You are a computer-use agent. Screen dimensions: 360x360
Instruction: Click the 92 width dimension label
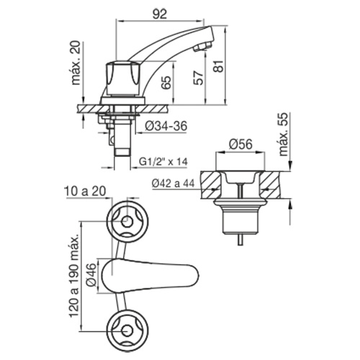pyautogui.click(x=160, y=14)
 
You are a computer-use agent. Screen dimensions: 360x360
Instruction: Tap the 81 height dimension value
pyautogui.click(x=219, y=66)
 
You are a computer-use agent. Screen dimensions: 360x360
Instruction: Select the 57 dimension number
pyautogui.click(x=199, y=78)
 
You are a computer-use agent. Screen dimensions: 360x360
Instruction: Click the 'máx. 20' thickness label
pyautogui.click(x=76, y=63)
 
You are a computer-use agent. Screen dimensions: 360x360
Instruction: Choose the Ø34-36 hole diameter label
pyautogui.click(x=166, y=126)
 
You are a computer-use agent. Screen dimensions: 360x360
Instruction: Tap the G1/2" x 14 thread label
pyautogui.click(x=163, y=161)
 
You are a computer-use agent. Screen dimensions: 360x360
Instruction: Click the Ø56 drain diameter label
pyautogui.click(x=240, y=145)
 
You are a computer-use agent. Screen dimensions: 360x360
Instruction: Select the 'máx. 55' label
pyautogui.click(x=284, y=134)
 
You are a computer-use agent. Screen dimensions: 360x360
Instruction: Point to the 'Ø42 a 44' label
pyautogui.click(x=174, y=184)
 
